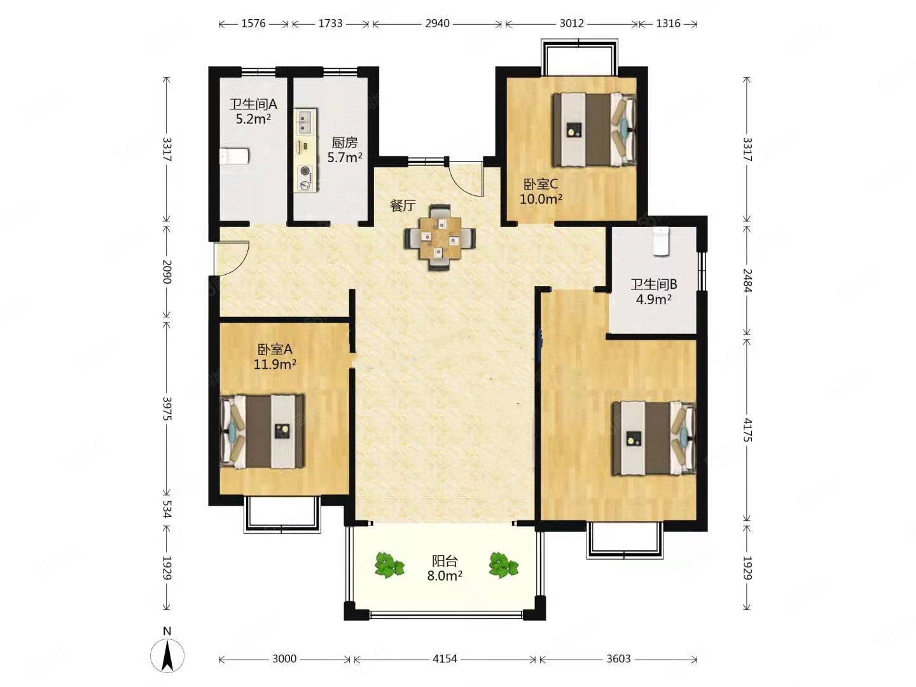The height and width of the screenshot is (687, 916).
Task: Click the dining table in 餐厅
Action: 439,237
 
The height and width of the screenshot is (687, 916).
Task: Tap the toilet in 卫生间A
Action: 234,156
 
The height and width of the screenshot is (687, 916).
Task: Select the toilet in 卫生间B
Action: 660,240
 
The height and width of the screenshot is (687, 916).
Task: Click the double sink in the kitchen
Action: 306,121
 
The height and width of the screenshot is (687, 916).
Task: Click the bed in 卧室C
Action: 593,129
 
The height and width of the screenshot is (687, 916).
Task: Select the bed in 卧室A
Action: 262,431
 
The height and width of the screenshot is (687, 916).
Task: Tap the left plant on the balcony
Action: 389,565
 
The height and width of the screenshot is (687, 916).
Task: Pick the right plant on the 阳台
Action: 503,565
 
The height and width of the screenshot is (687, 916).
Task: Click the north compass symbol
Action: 167,655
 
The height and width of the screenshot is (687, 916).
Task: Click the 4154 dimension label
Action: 445,660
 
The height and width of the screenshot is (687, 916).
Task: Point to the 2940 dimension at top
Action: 437,24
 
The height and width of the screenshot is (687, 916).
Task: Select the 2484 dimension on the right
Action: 747,281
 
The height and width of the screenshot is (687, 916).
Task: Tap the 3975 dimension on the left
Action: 167,408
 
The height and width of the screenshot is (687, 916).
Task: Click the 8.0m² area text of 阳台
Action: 444,576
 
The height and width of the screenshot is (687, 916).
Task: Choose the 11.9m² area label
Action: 275,364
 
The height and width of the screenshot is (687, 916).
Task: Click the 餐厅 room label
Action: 403,205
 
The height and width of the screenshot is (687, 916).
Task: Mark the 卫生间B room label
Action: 653,284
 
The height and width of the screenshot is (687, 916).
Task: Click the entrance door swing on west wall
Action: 232,259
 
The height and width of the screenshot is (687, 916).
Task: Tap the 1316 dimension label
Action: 668,24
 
